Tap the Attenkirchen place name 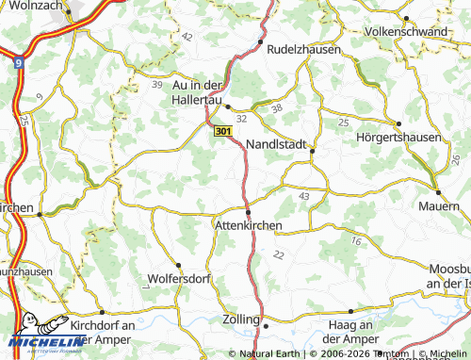pos(249,226)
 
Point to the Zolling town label pos(240,320)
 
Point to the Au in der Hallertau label pos(203,89)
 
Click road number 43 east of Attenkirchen pos(303,195)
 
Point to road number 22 pos(278,254)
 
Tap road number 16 pos(355,242)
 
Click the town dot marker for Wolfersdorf pos(178,265)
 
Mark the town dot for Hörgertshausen pos(398,123)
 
